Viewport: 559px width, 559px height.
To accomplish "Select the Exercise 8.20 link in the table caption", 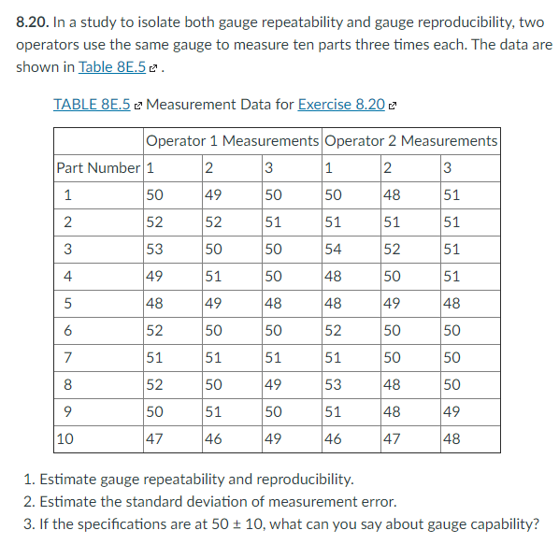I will pos(341,104).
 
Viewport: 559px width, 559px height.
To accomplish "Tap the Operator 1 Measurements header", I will pos(232,141).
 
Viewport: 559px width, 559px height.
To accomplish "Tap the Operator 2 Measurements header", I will pos(410,141).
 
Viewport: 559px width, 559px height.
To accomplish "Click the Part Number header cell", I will pos(96,168).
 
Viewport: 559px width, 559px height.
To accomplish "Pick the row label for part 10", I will pos(65,438).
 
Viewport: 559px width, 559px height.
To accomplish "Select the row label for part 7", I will pos(66,357).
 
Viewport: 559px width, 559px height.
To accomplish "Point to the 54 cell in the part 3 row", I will pos(333,250).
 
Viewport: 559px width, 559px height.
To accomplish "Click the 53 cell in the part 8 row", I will pos(333,384).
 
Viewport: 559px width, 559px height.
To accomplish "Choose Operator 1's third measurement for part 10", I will pos(271,438).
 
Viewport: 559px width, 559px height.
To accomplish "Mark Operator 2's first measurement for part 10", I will pos(333,438).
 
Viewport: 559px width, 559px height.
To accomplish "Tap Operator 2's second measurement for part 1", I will pos(393,195).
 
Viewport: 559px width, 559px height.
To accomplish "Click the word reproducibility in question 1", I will pos(304,480).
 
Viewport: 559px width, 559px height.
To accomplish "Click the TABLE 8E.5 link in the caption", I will pos(92,104).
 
